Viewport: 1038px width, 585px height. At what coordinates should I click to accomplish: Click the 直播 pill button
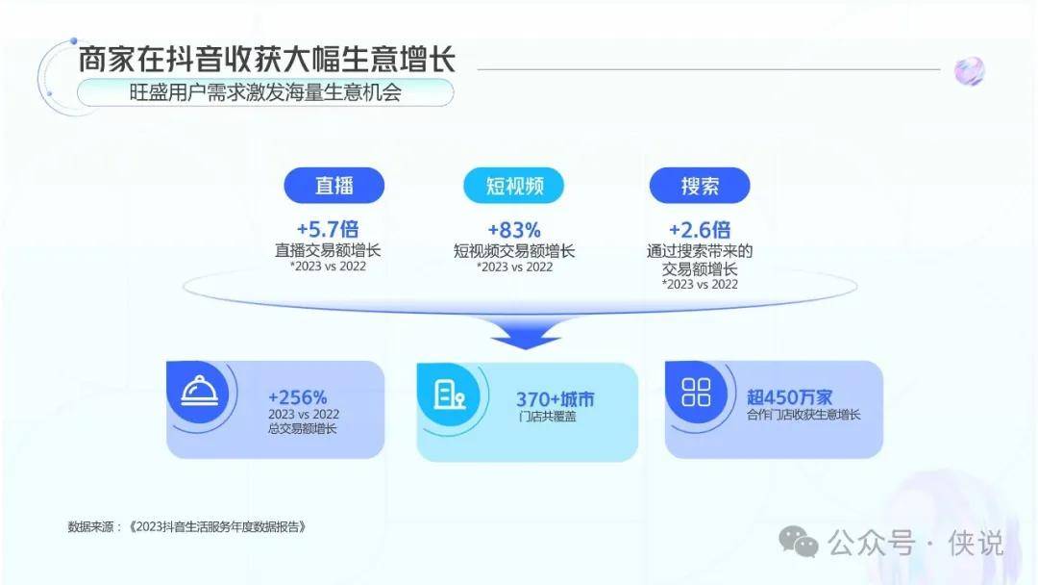(x=334, y=185)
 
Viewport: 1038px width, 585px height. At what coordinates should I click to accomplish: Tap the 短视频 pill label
(x=513, y=185)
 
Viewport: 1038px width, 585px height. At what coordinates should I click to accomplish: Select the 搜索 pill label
(x=700, y=185)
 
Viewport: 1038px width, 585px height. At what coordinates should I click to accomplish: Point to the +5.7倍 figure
(x=328, y=229)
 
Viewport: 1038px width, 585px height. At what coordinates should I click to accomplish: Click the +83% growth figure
(x=514, y=230)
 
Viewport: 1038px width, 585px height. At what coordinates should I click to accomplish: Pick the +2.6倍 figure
(x=700, y=230)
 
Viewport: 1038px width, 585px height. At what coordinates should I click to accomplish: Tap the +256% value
(x=298, y=397)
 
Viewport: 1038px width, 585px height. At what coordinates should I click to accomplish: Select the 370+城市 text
(x=556, y=399)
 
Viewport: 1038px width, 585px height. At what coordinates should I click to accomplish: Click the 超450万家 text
(x=790, y=396)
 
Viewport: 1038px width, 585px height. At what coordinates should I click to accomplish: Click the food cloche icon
(x=200, y=391)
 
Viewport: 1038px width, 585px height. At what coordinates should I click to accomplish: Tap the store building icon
(x=449, y=394)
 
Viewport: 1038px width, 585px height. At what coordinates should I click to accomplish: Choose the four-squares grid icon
(x=697, y=393)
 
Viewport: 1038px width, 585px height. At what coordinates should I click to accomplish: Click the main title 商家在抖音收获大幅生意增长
(x=267, y=59)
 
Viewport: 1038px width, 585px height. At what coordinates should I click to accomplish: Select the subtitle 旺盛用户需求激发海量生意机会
(x=265, y=92)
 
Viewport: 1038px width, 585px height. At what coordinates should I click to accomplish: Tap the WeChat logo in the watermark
(x=799, y=542)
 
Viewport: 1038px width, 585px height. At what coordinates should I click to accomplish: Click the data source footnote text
(x=186, y=526)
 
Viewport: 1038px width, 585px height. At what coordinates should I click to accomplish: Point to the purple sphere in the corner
(x=969, y=71)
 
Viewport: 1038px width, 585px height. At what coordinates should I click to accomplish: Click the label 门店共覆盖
(x=548, y=417)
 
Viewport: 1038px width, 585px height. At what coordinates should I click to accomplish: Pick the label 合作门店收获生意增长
(x=803, y=415)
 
